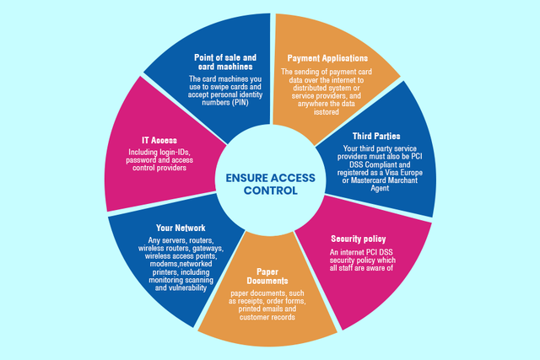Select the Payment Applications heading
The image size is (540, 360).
point(327,58)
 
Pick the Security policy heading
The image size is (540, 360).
point(359,239)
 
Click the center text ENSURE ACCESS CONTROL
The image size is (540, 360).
point(269,184)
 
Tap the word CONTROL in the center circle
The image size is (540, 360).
point(269,191)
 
